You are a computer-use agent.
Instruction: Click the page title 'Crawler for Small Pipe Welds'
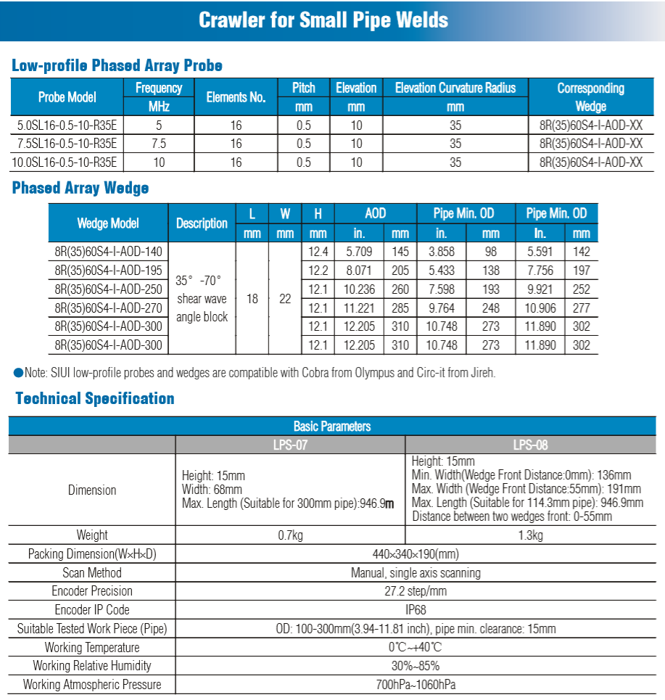tap(323, 20)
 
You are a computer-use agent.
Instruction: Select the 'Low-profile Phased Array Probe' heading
tap(117, 66)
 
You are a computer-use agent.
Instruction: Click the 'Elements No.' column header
tap(236, 97)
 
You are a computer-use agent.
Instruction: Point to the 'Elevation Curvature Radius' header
tap(455, 88)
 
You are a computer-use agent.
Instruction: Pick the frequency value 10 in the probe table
tap(159, 162)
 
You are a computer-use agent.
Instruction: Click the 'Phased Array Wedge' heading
tap(80, 189)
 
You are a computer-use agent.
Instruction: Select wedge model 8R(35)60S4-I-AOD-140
tap(108, 252)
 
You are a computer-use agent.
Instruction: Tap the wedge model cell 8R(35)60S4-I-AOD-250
tap(108, 289)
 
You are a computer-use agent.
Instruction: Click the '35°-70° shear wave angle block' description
tap(202, 299)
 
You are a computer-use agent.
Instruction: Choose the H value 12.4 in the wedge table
tap(318, 252)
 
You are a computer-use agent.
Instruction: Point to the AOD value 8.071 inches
tap(359, 271)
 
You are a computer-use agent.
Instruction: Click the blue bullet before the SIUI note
tap(18, 374)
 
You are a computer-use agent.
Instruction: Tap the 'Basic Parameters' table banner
tap(332, 427)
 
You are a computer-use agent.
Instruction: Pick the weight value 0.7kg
tap(290, 535)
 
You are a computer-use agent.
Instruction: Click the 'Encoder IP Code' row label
tap(92, 610)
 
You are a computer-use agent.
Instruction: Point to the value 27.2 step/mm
tap(416, 591)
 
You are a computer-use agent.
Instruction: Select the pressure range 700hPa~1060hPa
tap(416, 684)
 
